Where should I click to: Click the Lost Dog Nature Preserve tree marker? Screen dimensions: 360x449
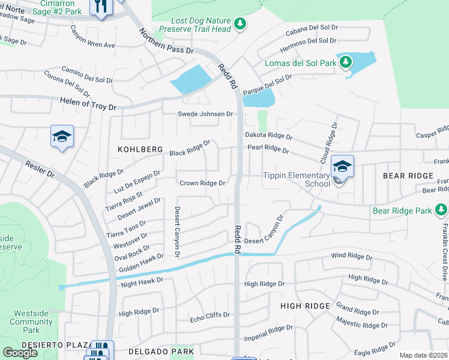click(240, 24)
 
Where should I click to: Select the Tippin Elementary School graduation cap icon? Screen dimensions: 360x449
click(342, 166)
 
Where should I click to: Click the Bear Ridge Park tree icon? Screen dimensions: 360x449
click(441, 209)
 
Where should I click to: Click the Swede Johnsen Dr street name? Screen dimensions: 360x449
click(205, 114)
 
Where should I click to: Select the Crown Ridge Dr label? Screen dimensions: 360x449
click(202, 183)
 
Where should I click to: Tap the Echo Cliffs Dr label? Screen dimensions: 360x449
click(209, 315)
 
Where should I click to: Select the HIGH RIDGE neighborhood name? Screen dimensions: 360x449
click(305, 306)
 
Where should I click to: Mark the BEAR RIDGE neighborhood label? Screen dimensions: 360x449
click(408, 175)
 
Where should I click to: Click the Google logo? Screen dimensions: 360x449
click(20, 352)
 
